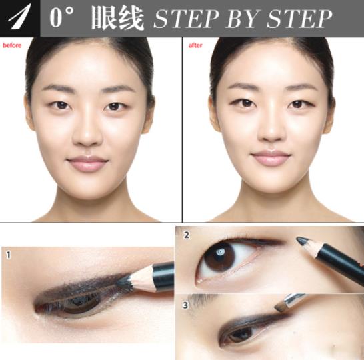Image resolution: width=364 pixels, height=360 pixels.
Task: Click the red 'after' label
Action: point(195,45)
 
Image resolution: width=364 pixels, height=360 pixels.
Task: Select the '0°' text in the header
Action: point(65,19)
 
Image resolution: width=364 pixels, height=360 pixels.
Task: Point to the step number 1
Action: point(8,254)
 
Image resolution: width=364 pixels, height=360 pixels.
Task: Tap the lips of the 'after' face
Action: point(271,158)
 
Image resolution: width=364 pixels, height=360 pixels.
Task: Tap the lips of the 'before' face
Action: point(87,163)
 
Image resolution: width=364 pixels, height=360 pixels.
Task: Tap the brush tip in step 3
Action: point(280,308)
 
